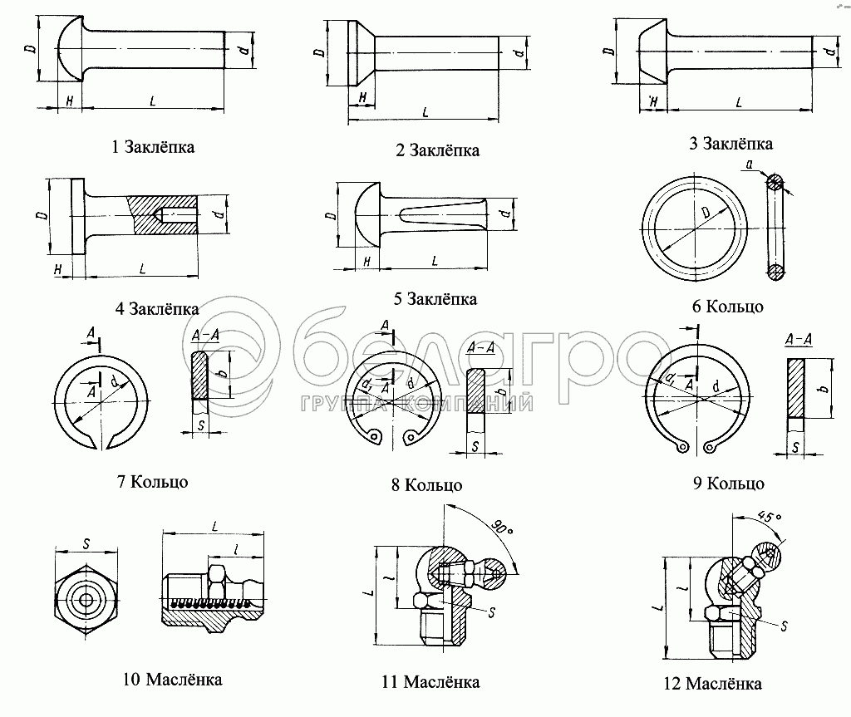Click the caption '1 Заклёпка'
153,147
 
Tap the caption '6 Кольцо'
727,307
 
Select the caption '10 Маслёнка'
172,680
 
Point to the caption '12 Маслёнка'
713,684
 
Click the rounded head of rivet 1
68,50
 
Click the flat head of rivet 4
77,216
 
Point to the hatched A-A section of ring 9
795,387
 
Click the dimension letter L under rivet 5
435,261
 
